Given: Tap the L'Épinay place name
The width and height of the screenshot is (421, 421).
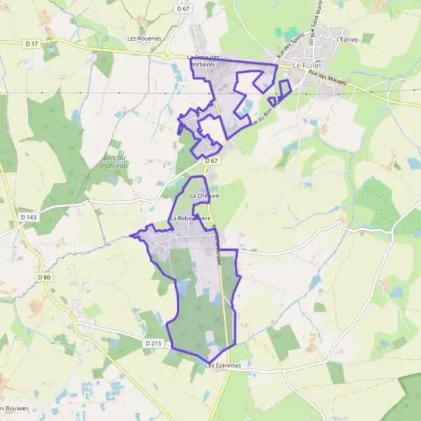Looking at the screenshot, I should (347, 39).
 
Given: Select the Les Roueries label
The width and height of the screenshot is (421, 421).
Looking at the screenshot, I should (144, 39).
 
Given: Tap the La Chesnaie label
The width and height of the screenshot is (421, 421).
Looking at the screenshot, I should (204, 196).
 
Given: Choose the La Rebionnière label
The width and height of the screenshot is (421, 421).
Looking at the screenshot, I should (190, 218).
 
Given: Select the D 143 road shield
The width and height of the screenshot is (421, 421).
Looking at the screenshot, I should (29, 218).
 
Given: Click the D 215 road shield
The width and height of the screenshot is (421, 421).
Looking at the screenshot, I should (154, 343).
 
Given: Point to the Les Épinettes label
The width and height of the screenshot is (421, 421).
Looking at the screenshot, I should (223, 366).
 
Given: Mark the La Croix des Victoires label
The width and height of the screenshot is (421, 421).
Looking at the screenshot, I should (205, 60).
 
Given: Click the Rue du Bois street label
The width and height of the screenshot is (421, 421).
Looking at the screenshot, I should (268, 109).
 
